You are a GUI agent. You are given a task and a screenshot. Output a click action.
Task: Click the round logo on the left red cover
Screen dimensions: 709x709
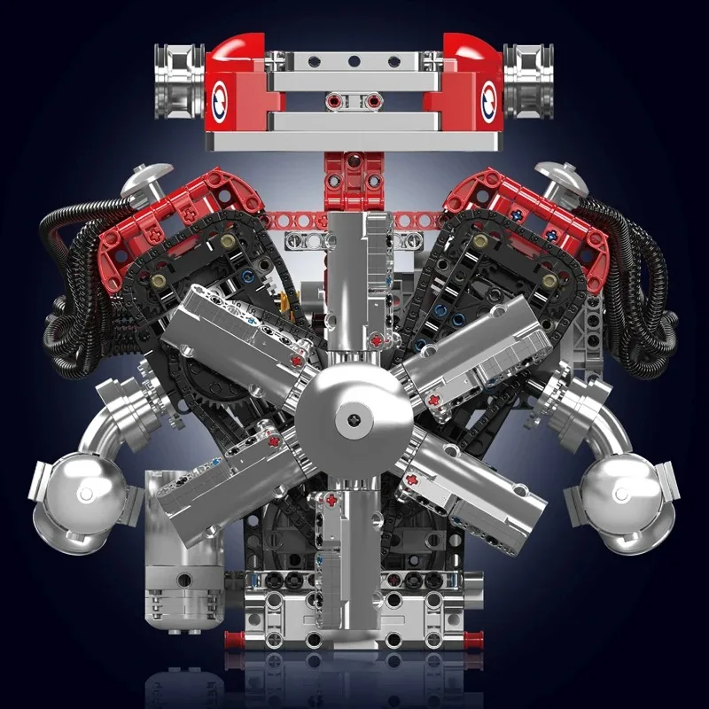coord(221,99)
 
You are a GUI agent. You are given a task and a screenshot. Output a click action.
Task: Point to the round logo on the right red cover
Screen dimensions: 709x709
coord(488,99)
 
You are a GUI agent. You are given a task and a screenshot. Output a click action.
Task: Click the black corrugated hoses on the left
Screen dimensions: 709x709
coord(71,266)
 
